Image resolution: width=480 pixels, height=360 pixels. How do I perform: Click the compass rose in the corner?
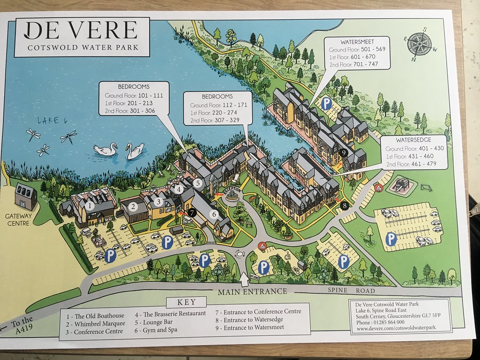pyautogui.click(x=420, y=45)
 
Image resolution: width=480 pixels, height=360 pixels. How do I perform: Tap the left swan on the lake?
pyautogui.click(x=105, y=150)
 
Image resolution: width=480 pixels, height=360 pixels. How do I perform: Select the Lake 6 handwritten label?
pyautogui.click(x=52, y=120)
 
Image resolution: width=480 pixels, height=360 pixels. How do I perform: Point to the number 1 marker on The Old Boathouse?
pyautogui.click(x=92, y=205)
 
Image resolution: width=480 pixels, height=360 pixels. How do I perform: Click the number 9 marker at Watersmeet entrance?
pyautogui.click(x=344, y=153)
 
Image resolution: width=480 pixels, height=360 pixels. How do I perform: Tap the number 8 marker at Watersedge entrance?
pyautogui.click(x=345, y=205)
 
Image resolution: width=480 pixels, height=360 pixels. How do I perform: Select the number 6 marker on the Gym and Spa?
pyautogui.click(x=215, y=214)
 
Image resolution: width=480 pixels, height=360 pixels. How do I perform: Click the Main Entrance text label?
pyautogui.click(x=252, y=291)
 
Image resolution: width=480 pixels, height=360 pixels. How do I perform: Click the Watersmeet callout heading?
pyautogui.click(x=358, y=41)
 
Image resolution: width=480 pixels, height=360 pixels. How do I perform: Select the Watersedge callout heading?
pyautogui.click(x=413, y=140)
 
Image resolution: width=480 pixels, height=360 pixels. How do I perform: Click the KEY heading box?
pyautogui.click(x=187, y=302)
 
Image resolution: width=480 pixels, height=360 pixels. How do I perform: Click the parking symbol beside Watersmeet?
pyautogui.click(x=326, y=102)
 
